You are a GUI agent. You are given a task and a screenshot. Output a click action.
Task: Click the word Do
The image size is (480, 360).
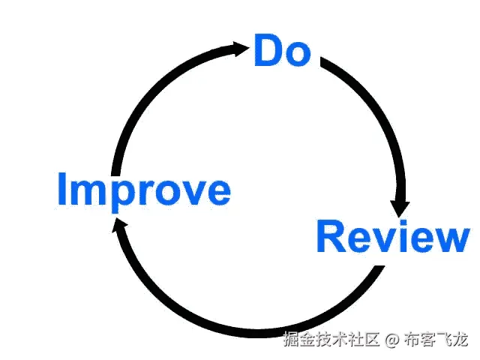[283, 49]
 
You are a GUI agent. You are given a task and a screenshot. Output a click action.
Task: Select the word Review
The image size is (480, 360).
[393, 237]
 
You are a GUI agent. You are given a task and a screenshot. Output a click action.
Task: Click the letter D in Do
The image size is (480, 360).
[269, 49]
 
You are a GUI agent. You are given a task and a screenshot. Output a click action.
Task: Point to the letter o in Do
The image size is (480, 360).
[298, 54]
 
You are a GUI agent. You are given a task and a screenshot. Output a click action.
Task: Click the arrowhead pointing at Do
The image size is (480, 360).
[239, 49]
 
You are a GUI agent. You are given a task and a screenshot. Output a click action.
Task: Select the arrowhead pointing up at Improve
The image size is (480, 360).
[118, 225]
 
